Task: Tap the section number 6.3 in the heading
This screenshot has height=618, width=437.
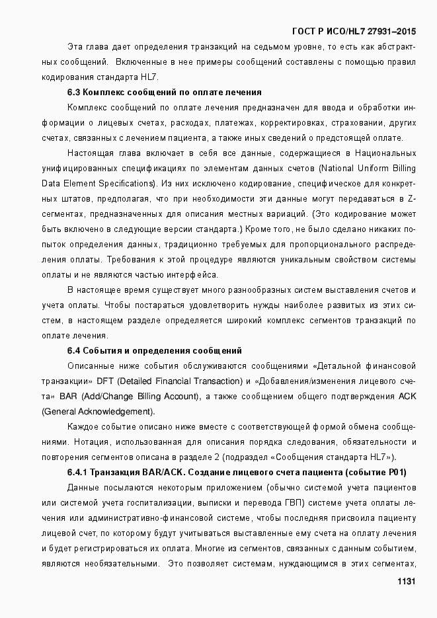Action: coord(74,93)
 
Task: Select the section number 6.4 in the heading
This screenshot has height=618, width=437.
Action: coord(74,350)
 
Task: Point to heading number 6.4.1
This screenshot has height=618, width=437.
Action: coord(78,472)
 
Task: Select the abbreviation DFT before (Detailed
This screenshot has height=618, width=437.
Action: coord(105,381)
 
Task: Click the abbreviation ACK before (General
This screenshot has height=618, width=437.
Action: coord(406,396)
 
